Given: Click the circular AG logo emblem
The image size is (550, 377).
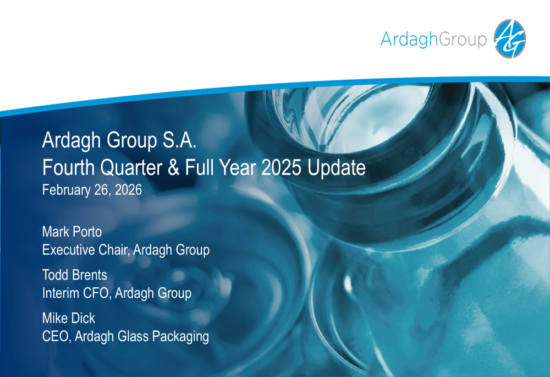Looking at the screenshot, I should coord(510,39).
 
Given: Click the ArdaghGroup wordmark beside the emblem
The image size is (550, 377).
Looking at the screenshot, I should coord(434,40).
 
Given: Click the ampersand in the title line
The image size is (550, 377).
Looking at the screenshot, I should coord(173,167).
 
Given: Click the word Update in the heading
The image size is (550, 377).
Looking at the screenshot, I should coord(337,167).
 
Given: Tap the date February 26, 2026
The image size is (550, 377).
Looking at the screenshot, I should coord(92,190).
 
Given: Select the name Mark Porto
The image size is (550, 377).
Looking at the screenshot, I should coord(72,232).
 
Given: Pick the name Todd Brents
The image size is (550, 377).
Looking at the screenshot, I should coord(75,275).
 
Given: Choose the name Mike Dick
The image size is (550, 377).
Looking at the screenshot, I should coord(69,318).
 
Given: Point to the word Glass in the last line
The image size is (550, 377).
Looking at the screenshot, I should coord(130,336).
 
